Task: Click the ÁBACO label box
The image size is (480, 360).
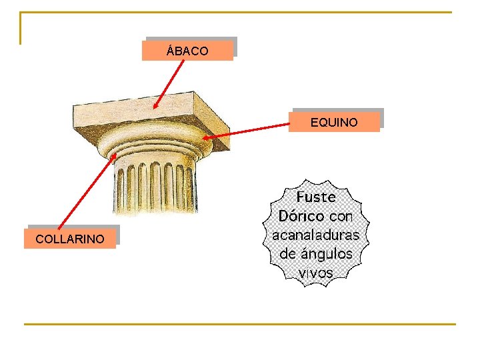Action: [x=187, y=50]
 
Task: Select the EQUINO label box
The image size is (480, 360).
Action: [x=334, y=122]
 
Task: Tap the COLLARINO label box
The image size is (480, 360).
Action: [x=70, y=239]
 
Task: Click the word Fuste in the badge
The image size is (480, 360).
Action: [x=316, y=197]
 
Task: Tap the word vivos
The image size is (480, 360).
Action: [x=316, y=272]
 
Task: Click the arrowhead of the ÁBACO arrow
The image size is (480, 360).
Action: [x=154, y=107]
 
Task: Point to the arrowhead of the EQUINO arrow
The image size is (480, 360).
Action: [x=205, y=138]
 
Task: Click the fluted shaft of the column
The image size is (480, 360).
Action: [x=153, y=187]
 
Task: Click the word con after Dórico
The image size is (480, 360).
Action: [x=341, y=216]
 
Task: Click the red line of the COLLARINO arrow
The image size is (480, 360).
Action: [x=87, y=193]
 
